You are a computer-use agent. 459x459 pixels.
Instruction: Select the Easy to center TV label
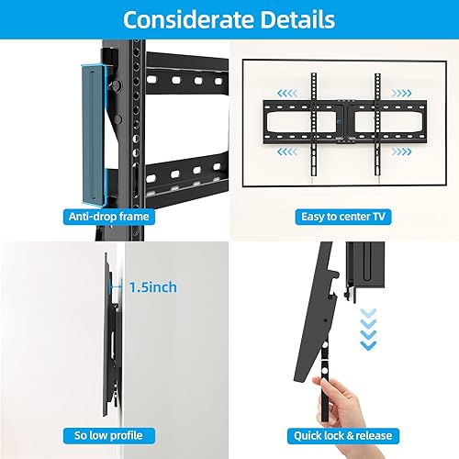coord(342,217)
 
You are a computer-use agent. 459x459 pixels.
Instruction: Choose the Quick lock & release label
coord(342,435)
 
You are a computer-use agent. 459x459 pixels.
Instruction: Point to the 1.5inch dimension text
coord(152,287)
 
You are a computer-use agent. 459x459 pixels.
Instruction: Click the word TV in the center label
coord(378,217)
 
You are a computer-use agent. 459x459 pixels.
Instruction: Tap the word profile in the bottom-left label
coord(129,435)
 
